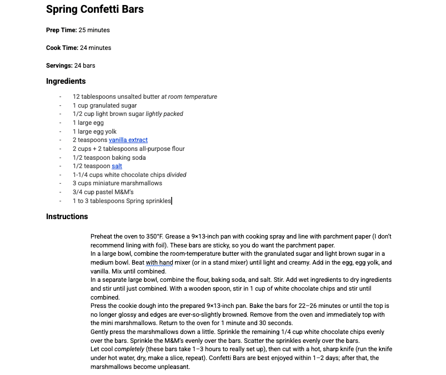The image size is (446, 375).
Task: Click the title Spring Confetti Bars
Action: click(x=95, y=9)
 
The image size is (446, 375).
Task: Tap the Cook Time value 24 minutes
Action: click(x=96, y=48)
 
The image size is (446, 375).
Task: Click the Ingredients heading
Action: click(x=66, y=81)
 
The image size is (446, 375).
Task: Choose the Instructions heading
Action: click(x=67, y=216)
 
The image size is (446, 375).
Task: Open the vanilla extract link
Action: click(x=128, y=140)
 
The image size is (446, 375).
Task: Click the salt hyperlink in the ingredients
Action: click(x=117, y=166)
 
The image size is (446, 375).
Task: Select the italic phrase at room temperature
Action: click(x=189, y=97)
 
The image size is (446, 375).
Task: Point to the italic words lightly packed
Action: click(x=164, y=114)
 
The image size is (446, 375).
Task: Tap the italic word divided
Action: click(x=177, y=175)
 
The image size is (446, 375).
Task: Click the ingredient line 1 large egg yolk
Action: click(x=94, y=131)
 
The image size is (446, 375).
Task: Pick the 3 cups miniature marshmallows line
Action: click(x=117, y=183)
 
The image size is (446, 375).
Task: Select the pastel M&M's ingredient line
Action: click(x=103, y=192)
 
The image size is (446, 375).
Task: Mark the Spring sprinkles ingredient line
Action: click(x=122, y=201)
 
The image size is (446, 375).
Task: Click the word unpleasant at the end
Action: click(x=174, y=367)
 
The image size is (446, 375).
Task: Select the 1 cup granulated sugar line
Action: click(x=104, y=105)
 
